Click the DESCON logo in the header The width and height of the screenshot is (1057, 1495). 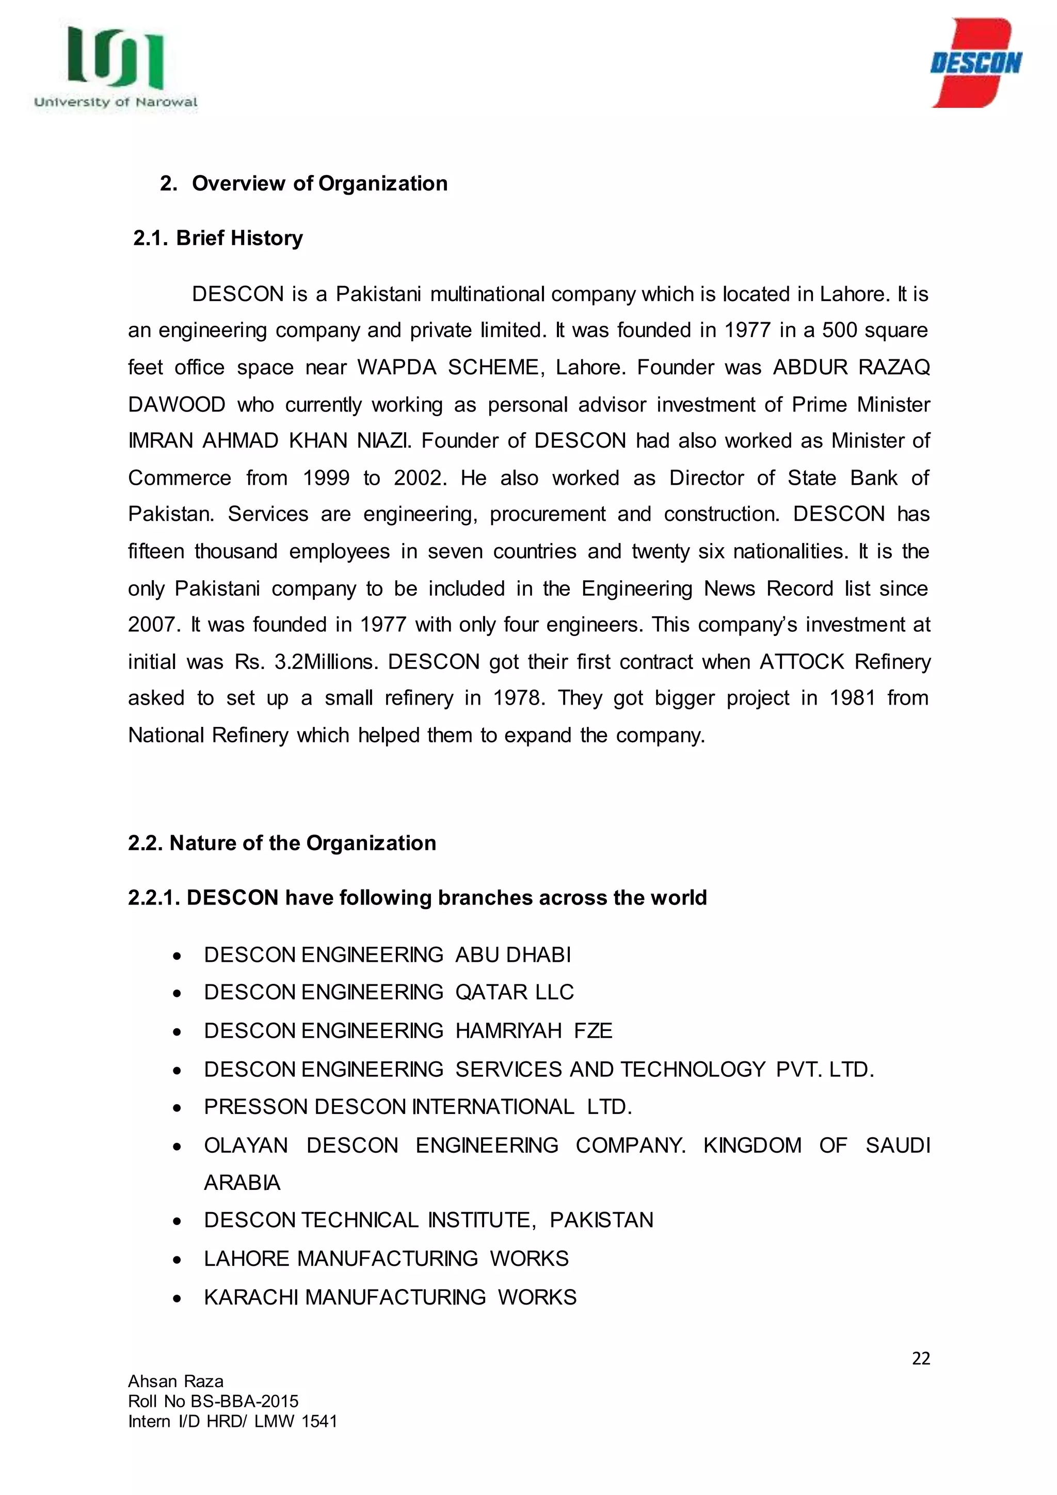[975, 63]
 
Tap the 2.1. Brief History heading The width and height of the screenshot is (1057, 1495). [218, 238]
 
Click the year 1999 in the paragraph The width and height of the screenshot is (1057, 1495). [326, 479]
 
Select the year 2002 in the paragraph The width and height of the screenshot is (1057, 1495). [420, 479]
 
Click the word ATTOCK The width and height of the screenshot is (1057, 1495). [802, 662]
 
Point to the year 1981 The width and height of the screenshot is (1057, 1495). [852, 698]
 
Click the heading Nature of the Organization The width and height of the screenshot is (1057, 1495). [282, 843]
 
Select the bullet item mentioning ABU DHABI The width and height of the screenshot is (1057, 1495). [387, 955]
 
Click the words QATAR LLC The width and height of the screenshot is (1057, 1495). [514, 992]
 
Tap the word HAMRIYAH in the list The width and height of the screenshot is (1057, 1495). [508, 1031]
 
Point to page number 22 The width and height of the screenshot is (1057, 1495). [920, 1358]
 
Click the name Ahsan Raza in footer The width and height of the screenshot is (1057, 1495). [175, 1382]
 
